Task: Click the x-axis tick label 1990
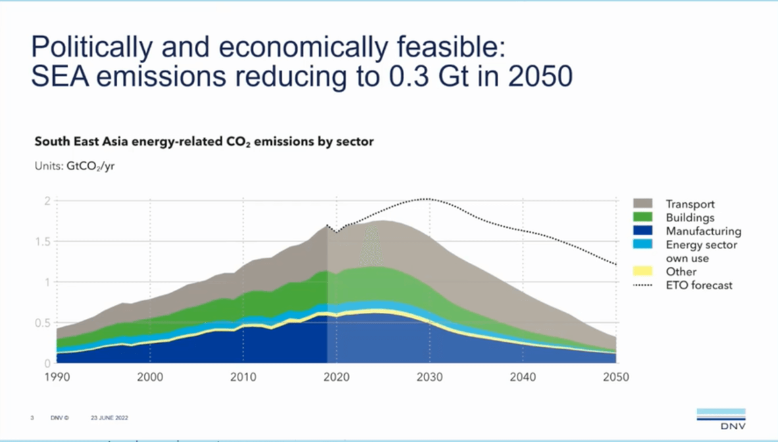(x=57, y=377)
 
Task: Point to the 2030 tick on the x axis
(x=429, y=377)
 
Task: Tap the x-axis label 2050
(x=615, y=377)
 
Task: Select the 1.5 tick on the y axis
(x=42, y=242)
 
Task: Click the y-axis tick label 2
(x=47, y=201)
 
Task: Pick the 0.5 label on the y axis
(x=42, y=323)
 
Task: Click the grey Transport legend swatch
(x=642, y=204)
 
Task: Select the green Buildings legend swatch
(x=642, y=217)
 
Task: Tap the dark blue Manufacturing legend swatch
(x=642, y=231)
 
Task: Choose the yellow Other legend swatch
(x=642, y=271)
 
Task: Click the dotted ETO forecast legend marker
(x=642, y=285)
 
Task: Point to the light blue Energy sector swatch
(x=642, y=244)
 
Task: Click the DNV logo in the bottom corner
(x=721, y=419)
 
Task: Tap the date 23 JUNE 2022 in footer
(x=109, y=418)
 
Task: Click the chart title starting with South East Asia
(x=204, y=141)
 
